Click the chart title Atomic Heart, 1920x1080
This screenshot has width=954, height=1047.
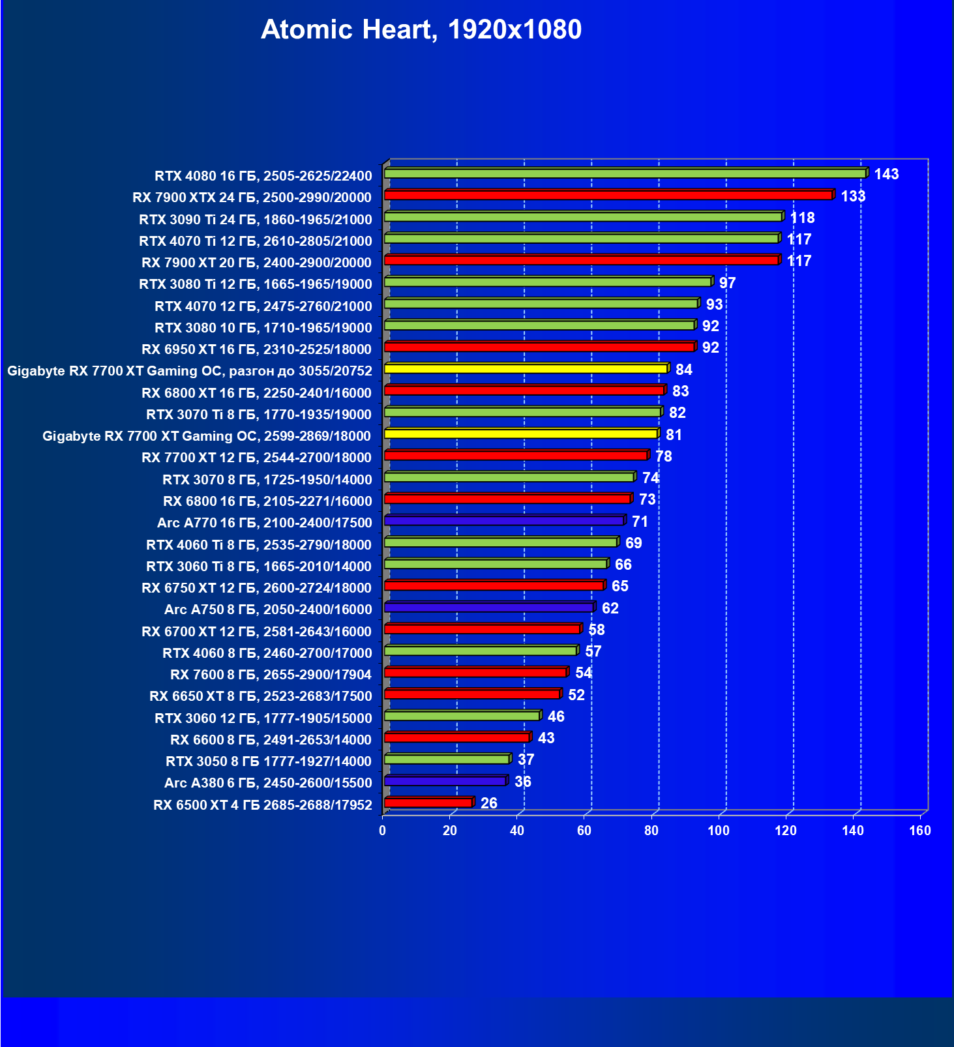421,30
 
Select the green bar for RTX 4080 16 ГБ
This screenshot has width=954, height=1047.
625,173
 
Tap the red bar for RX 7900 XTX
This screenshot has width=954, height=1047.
608,195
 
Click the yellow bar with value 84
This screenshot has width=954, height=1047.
526,369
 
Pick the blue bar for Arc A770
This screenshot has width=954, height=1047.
504,521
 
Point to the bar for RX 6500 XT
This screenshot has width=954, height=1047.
428,803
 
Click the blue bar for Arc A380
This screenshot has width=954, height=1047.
445,781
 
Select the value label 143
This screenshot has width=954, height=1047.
886,174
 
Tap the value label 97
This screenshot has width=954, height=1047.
727,283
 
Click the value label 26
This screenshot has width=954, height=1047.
488,803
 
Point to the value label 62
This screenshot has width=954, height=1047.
610,608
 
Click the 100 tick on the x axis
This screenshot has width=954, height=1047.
719,831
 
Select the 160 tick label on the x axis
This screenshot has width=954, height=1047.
920,831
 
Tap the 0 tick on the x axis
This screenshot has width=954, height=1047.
383,831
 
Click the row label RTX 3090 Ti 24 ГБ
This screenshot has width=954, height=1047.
255,219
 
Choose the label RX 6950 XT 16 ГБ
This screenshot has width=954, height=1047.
256,349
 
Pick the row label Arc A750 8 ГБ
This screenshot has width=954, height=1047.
268,610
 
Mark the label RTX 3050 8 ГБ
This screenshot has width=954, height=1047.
269,761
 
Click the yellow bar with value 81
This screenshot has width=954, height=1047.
520,434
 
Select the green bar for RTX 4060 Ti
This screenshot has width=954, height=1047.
500,542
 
